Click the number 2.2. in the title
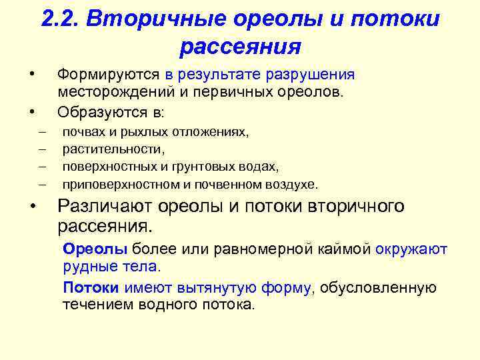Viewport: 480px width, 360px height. tap(61, 19)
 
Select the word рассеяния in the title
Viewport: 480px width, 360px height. tap(240, 47)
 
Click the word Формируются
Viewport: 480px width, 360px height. tap(111, 75)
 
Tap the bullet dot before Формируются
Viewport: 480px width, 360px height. tap(27, 72)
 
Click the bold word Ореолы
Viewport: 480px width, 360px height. tap(95, 249)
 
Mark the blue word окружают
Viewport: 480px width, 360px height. tap(411, 249)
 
